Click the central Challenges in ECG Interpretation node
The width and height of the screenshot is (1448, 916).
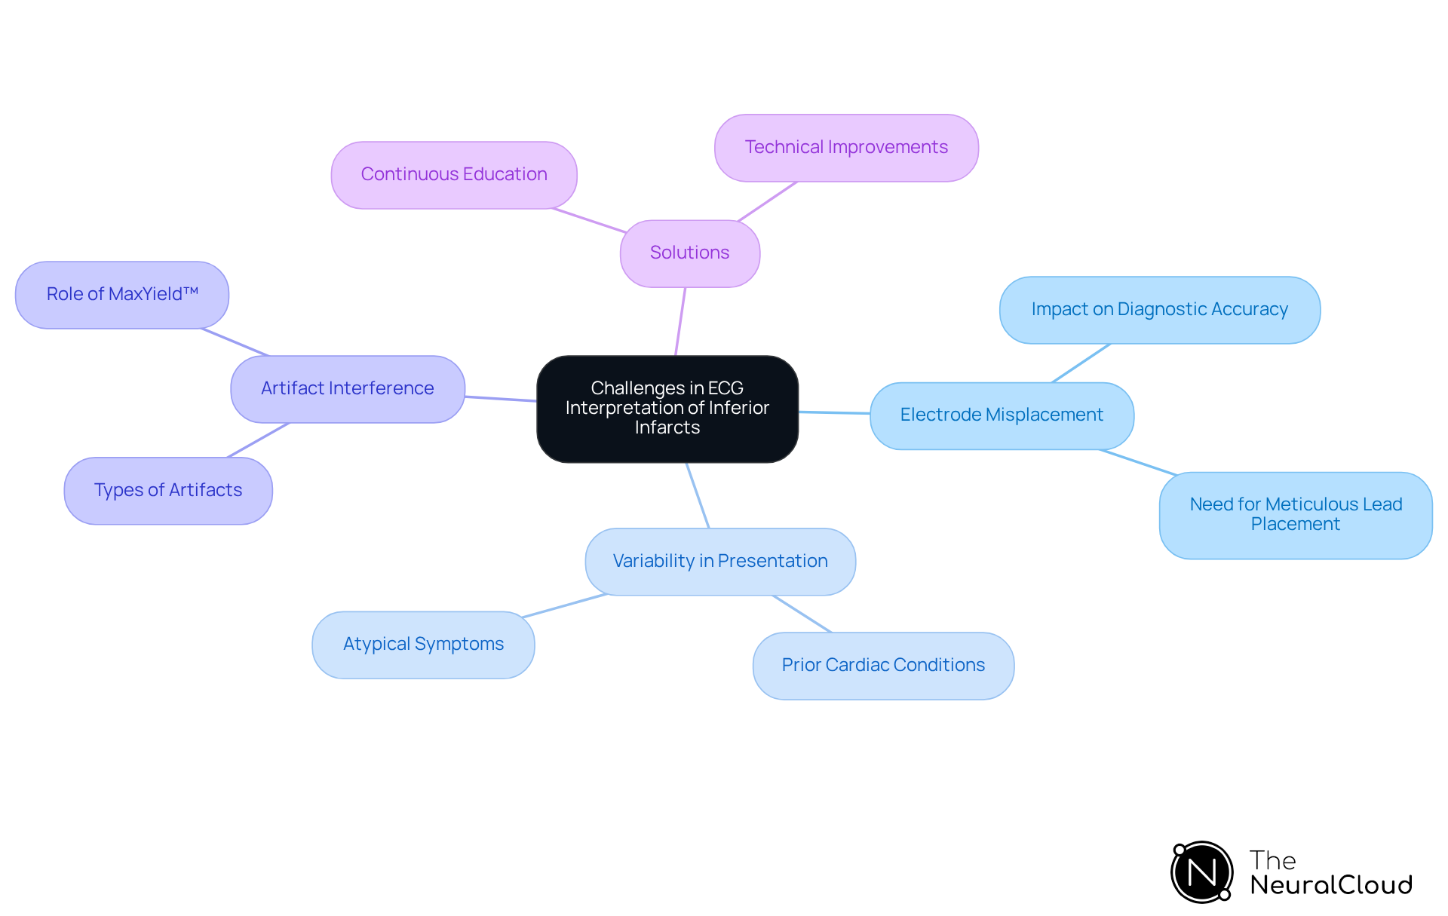point(667,408)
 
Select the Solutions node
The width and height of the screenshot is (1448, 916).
point(689,253)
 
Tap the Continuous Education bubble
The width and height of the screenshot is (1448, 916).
point(454,174)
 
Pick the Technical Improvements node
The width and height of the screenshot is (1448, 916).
point(846,148)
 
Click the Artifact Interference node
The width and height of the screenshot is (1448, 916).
point(347,388)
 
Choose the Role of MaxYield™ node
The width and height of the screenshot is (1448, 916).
point(122,294)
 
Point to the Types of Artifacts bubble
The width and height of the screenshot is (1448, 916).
point(168,490)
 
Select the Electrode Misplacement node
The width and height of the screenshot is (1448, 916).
point(1002,415)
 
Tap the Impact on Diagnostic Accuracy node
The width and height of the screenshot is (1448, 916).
point(1159,310)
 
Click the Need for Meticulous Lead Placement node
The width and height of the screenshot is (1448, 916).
point(1295,515)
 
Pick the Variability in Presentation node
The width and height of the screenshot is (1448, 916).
point(720,561)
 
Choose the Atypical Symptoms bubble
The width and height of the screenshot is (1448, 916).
point(423,644)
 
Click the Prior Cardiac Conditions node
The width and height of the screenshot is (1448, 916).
point(883,665)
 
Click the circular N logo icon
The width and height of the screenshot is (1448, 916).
point(1202,872)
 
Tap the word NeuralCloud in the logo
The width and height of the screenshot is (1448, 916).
point(1331,885)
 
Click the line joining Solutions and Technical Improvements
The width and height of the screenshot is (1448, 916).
point(768,201)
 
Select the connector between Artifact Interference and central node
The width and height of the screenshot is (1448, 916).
point(501,398)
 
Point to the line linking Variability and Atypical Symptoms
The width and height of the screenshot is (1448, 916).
point(565,605)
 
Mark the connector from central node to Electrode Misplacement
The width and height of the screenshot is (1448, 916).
point(834,412)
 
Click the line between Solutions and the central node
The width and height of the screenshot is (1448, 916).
point(680,321)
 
